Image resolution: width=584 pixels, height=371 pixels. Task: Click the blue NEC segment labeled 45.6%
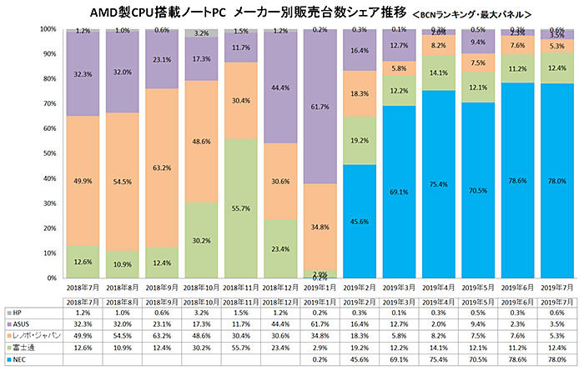point(360,221)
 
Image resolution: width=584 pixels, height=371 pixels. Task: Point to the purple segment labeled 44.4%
point(280,88)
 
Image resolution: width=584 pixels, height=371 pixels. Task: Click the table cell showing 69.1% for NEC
point(399,359)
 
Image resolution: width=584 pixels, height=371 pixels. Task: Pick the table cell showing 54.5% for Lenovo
point(122,335)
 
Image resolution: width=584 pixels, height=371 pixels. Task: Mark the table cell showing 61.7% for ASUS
point(320,323)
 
